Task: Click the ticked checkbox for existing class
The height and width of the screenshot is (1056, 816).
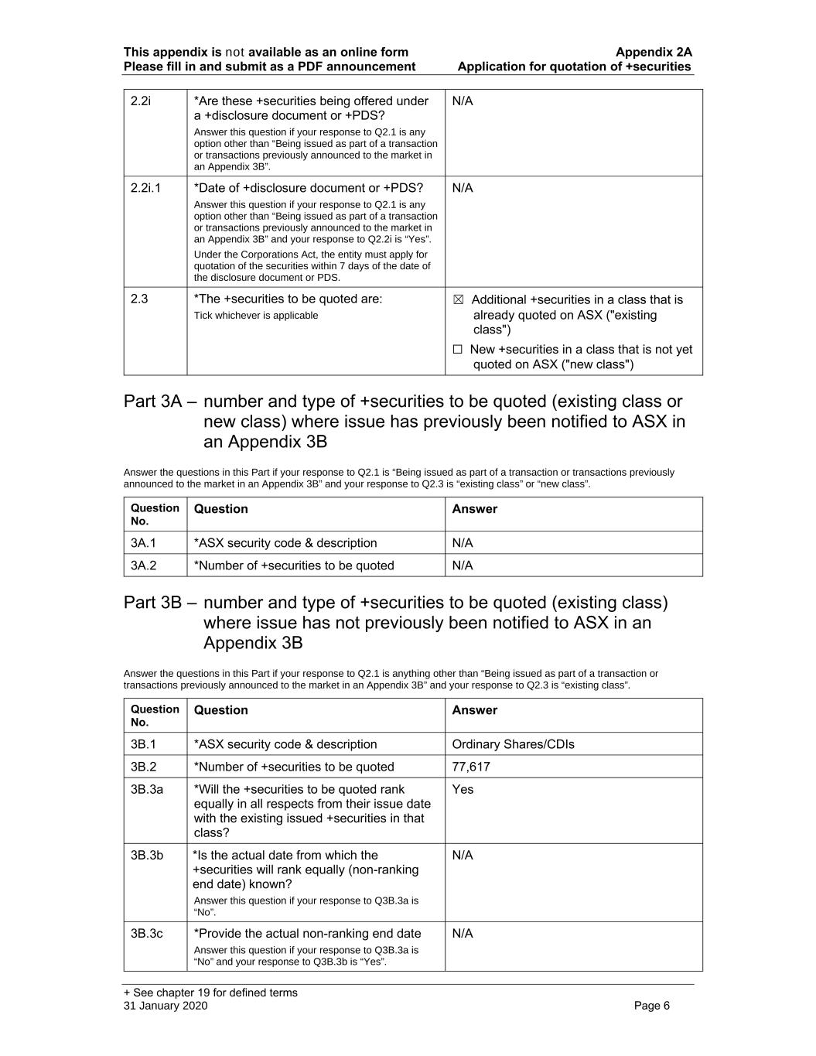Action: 458,300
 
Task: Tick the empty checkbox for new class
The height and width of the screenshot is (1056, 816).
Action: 458,350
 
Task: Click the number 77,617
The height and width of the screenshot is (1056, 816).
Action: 470,767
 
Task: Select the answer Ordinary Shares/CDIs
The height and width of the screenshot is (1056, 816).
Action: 513,744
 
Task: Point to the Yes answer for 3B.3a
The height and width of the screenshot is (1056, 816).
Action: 463,789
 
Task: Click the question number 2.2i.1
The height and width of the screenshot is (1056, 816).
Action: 145,188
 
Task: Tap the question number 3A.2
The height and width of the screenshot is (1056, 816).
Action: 143,566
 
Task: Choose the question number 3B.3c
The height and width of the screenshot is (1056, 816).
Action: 146,934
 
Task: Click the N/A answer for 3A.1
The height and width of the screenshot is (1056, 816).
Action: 462,543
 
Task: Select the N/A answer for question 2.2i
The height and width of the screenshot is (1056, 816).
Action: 462,101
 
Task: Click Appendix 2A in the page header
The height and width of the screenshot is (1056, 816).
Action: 654,53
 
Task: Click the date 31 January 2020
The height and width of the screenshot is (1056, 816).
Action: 166,1006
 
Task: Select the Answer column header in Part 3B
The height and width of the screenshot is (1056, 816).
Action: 474,710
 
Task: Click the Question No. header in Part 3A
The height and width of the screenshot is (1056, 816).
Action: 155,514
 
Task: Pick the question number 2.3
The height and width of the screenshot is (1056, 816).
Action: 139,299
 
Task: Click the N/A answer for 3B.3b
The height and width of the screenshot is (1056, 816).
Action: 462,855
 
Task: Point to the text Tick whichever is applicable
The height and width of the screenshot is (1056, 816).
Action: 255,316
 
